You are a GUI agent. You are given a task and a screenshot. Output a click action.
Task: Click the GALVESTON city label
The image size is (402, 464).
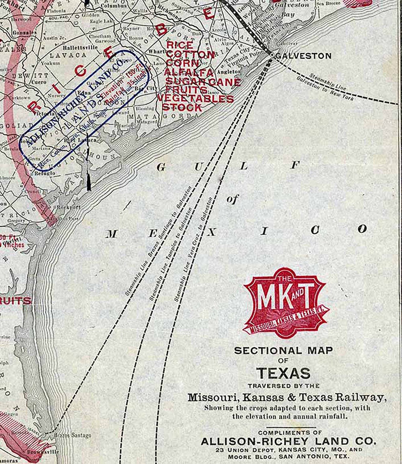[304, 56]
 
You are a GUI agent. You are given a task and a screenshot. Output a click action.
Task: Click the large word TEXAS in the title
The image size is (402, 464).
[283, 373]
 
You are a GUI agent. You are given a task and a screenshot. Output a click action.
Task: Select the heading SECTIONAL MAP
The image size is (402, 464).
[284, 351]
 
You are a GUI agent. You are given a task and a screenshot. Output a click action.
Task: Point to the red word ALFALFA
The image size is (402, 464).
[189, 72]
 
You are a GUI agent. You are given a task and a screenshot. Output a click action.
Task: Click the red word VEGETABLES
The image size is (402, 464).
[195, 99]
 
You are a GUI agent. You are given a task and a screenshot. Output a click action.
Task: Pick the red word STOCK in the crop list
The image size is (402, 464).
[182, 107]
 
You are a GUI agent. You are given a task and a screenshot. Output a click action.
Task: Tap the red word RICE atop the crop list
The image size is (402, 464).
[180, 45]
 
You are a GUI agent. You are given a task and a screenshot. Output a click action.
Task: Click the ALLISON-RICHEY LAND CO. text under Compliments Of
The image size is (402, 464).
[288, 441]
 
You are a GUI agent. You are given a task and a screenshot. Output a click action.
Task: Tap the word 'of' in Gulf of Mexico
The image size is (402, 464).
[232, 200]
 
